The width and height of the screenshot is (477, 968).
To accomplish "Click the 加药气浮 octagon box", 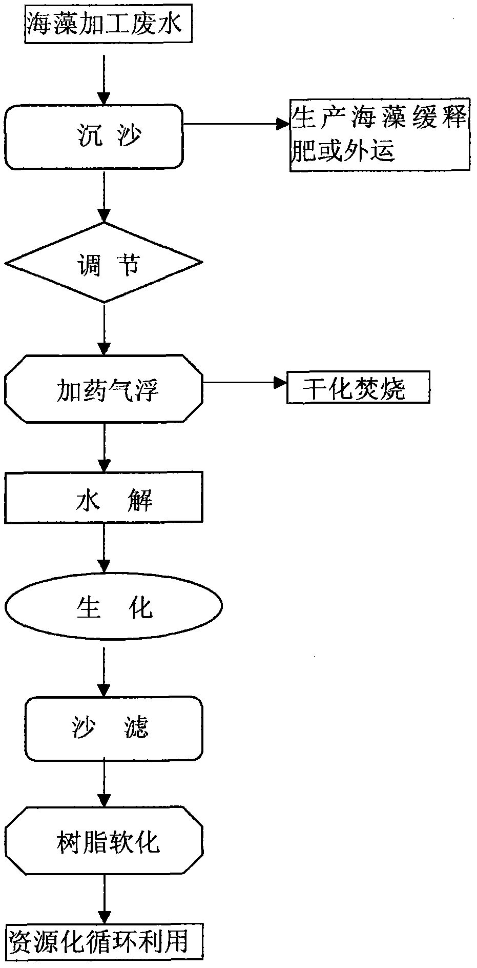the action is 104,388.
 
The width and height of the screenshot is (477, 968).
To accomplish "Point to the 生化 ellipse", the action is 113,606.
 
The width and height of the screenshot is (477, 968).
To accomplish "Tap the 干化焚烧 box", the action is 358,388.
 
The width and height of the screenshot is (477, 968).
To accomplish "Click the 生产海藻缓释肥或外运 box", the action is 380,135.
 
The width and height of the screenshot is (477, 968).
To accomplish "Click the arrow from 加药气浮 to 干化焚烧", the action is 245,382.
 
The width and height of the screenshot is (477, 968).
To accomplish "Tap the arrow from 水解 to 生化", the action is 104,548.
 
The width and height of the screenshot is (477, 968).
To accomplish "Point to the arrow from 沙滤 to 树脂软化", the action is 104,783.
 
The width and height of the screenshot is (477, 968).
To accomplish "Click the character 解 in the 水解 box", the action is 139,499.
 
